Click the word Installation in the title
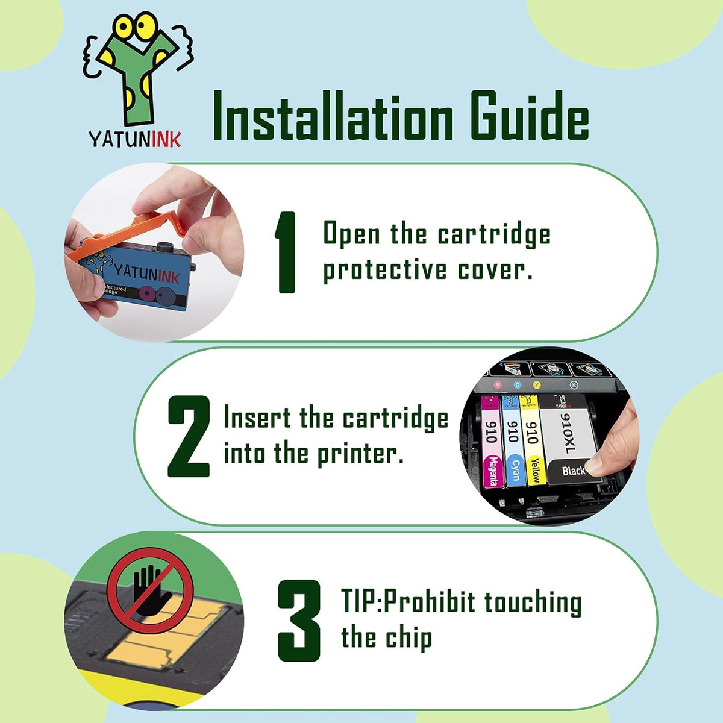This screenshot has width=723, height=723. (x=333, y=116)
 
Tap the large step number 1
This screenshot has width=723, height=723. (x=286, y=252)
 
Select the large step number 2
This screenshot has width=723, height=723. (x=189, y=436)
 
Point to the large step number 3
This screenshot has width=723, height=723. (x=299, y=621)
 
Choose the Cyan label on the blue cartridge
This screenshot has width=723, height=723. (x=515, y=470)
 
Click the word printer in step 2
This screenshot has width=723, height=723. (x=361, y=455)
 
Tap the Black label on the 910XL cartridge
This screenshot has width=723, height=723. (x=573, y=471)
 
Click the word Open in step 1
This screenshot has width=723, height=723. (x=351, y=234)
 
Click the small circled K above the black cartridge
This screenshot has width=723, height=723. (x=574, y=385)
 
